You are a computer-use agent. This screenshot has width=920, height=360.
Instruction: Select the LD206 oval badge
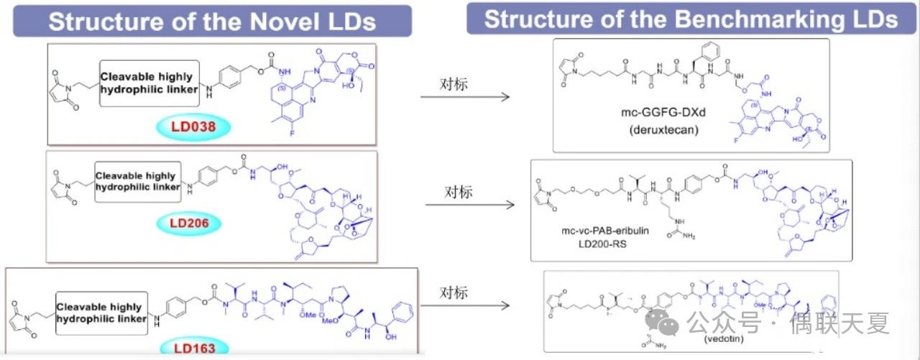189,223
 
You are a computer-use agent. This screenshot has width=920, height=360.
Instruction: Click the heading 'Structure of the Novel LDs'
212,21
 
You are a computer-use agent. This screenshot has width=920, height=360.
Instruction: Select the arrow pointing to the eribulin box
470,205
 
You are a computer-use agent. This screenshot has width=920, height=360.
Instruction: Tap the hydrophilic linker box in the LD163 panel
101,313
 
